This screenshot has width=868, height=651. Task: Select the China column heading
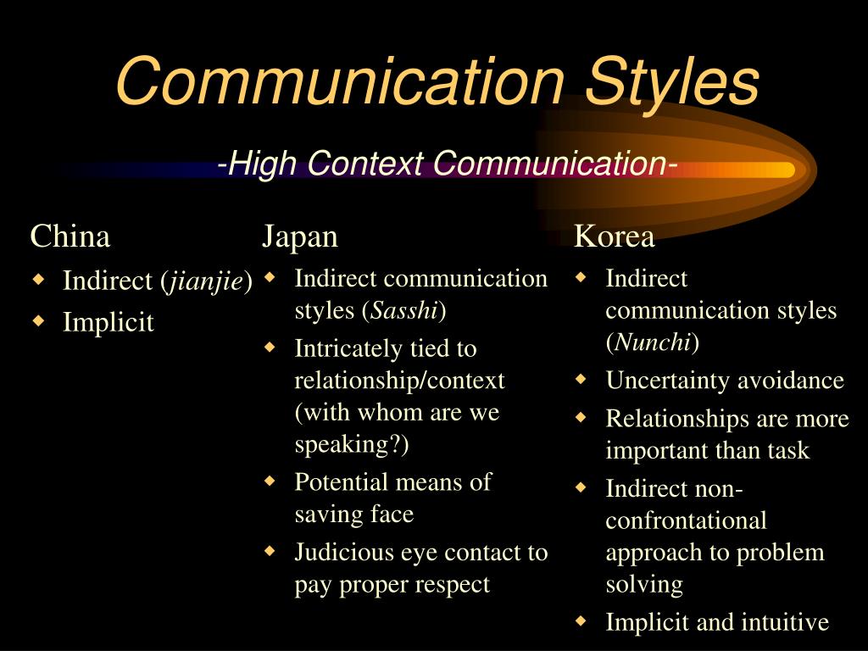click(x=70, y=236)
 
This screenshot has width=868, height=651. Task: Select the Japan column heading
click(x=300, y=236)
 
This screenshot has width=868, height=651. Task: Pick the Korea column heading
click(x=615, y=236)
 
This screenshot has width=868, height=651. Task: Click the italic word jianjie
click(x=206, y=281)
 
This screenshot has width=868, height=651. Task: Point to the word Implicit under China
click(x=108, y=322)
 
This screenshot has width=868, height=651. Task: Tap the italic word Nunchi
click(x=652, y=342)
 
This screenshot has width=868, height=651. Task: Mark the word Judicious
click(x=342, y=553)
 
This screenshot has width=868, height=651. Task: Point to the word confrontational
click(x=686, y=520)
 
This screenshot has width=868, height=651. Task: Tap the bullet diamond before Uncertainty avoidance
click(x=581, y=379)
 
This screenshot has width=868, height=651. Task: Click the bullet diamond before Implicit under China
click(x=37, y=320)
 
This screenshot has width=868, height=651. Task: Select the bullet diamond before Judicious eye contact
click(x=270, y=551)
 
